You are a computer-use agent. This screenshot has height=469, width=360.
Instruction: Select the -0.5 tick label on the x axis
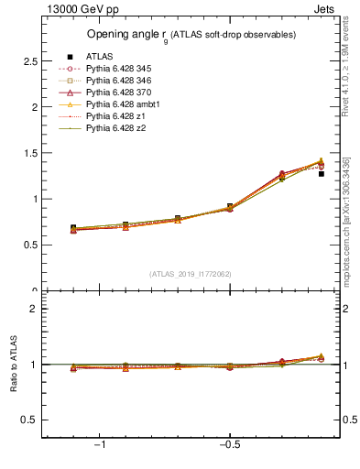point(229,445)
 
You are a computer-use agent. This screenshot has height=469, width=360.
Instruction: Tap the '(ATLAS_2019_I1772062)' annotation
point(191,274)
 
